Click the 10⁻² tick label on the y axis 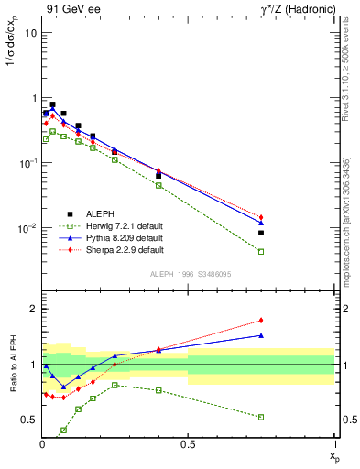pos(27,228)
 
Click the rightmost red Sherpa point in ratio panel pos(261,321)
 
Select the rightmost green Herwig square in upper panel pos(261,251)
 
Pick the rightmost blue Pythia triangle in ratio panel pos(261,335)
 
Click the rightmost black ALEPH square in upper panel pos(261,233)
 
